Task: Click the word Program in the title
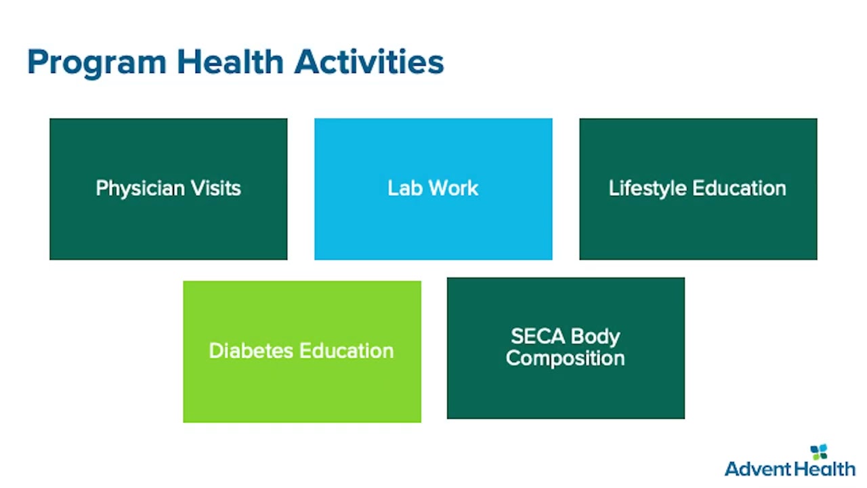97,64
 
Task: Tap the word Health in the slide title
230,62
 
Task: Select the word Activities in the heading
369,62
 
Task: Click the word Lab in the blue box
405,188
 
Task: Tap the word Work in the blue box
454,188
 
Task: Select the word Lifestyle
648,189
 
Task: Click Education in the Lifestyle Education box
739,188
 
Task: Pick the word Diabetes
251,351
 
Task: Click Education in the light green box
347,351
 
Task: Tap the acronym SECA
538,336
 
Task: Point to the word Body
595,337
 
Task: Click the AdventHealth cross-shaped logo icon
819,451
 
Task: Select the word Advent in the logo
757,469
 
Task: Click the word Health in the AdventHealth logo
823,469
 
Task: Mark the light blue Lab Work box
433,189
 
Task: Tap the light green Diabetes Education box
302,352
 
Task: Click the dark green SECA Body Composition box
566,348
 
